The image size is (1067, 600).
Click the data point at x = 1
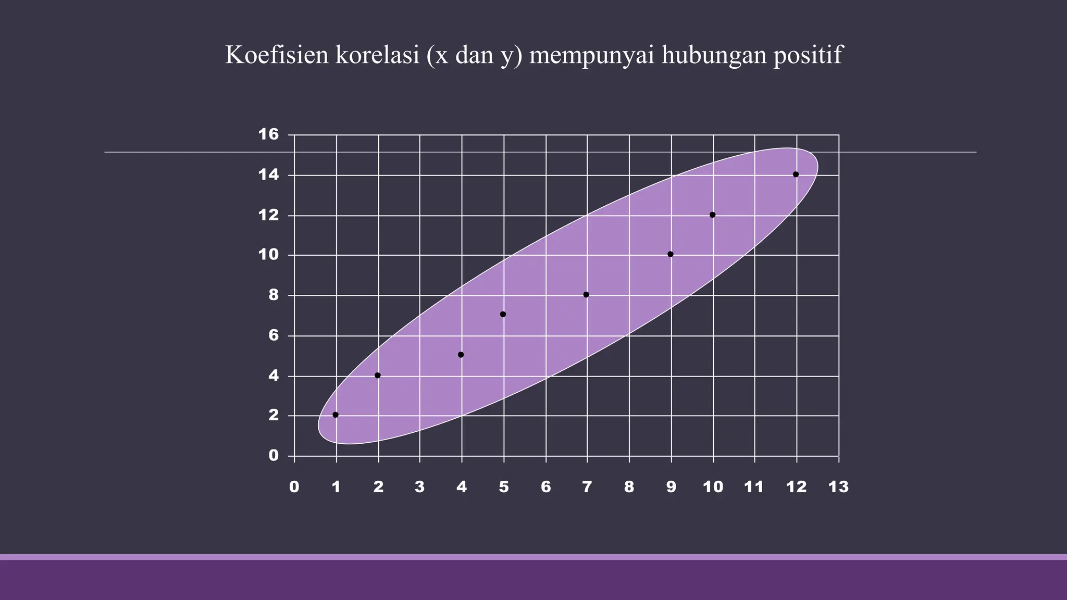coord(336,415)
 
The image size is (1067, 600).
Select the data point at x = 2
coord(378,376)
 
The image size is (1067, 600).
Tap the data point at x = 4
coord(461,355)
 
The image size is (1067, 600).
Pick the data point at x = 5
coord(503,315)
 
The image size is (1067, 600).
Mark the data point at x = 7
coord(586,295)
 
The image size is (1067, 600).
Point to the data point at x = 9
coord(671,255)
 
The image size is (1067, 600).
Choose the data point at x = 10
coord(713,215)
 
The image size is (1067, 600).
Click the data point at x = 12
coord(796,174)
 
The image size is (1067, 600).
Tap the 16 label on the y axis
coord(269,135)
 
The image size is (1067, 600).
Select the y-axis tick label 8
coord(274,295)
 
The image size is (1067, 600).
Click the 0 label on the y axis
coord(274,456)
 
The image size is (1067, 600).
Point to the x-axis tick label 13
coord(838,487)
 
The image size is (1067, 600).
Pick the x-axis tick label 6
coord(545,487)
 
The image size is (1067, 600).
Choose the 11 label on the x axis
coord(754,487)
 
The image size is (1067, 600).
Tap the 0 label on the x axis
coord(294,487)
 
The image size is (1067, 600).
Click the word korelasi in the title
coord(377,55)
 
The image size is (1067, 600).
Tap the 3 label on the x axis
coord(419,487)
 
